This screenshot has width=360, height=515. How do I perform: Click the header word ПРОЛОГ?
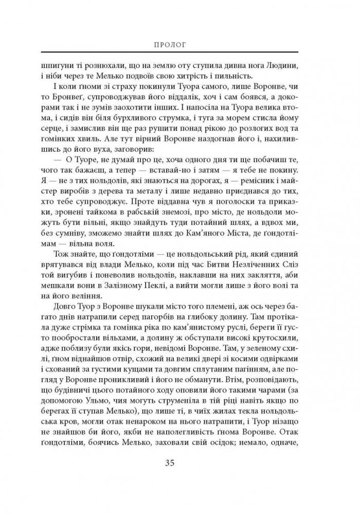click(x=179, y=45)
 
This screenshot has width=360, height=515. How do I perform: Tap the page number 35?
click(x=179, y=477)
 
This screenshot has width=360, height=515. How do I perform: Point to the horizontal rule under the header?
click(x=179, y=53)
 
